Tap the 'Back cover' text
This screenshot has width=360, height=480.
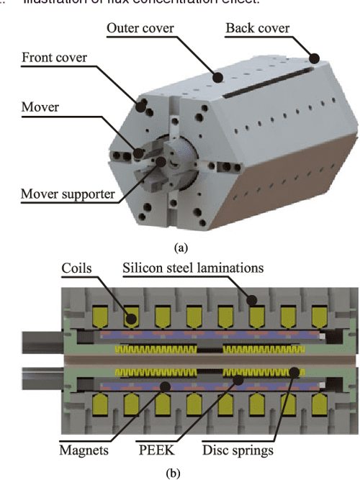pyautogui.click(x=258, y=30)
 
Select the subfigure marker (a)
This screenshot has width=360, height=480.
pyautogui.click(x=181, y=247)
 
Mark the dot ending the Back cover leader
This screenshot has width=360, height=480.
pyautogui.click(x=314, y=56)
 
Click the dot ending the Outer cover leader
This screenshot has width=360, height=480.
pyautogui.click(x=215, y=72)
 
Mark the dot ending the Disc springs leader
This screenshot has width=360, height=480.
pyautogui.click(x=294, y=371)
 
